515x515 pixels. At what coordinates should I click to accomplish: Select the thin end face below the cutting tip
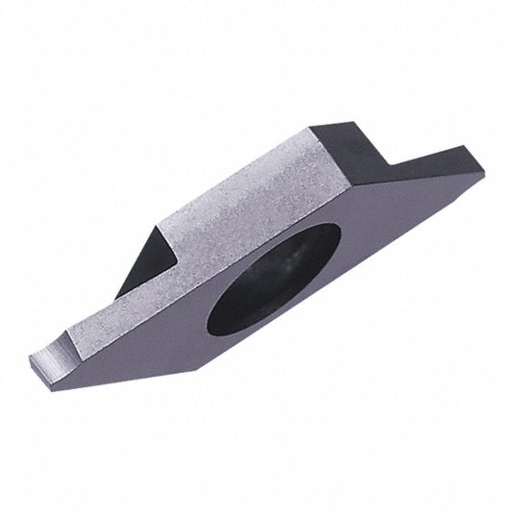[43, 370]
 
